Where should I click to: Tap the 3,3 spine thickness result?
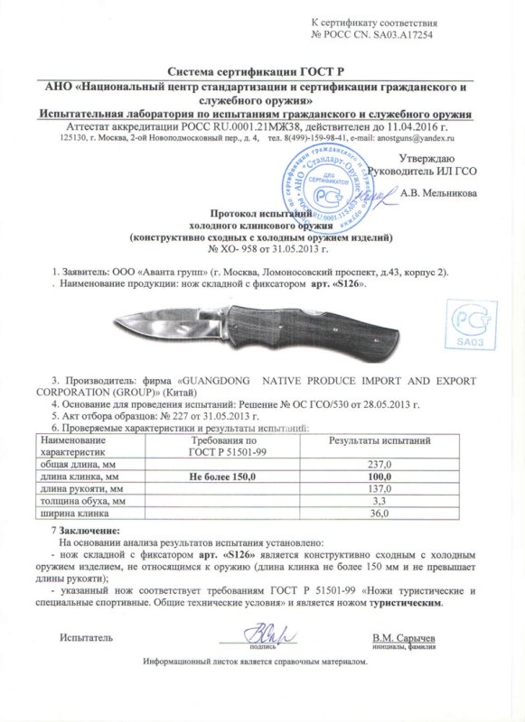click(x=372, y=500)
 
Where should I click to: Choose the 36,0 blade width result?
click(x=372, y=514)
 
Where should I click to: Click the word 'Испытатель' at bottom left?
click(x=86, y=638)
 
